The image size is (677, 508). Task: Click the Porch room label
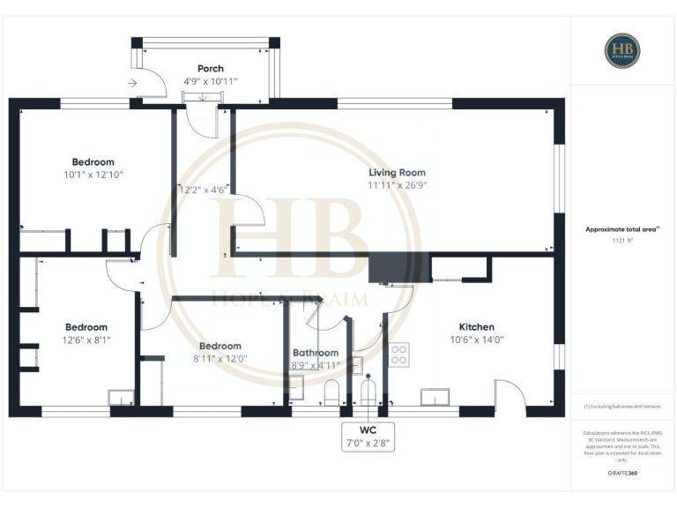pyautogui.click(x=210, y=68)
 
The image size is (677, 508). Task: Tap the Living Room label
pyautogui.click(x=397, y=173)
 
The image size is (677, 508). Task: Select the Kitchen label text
pyautogui.click(x=477, y=326)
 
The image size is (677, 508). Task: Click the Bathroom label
pyautogui.click(x=316, y=352)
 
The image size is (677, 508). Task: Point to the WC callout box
pyautogui.click(x=368, y=437)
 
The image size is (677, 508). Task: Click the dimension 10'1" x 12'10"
pyautogui.click(x=93, y=175)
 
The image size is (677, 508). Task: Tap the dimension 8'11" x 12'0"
pyautogui.click(x=219, y=359)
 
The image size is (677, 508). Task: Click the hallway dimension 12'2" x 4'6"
pyautogui.click(x=204, y=189)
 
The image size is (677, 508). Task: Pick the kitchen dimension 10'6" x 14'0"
pyautogui.click(x=477, y=340)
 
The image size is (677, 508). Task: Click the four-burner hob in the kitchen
pyautogui.click(x=399, y=354)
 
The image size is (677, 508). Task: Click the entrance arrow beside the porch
pyautogui.click(x=132, y=84)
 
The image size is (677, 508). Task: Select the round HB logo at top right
pyautogui.click(x=622, y=50)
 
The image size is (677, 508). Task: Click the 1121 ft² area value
pyautogui.click(x=622, y=240)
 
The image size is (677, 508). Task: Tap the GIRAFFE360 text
pyautogui.click(x=622, y=474)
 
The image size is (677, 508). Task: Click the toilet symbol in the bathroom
pyautogui.click(x=332, y=392)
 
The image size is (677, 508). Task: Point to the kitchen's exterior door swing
pyautogui.click(x=510, y=394)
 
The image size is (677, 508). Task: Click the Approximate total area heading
pyautogui.click(x=622, y=228)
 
